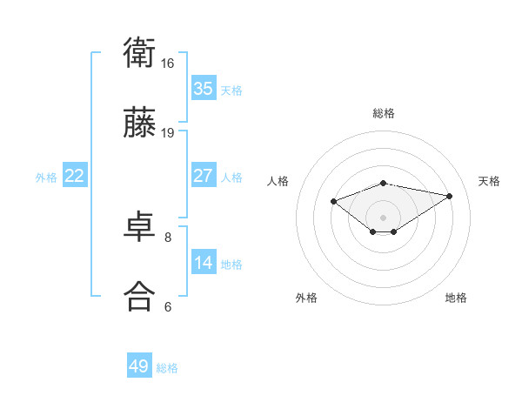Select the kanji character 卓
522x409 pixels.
pyautogui.click(x=139, y=227)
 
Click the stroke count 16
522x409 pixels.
pyautogui.click(x=168, y=64)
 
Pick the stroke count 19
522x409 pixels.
pyautogui.click(x=168, y=132)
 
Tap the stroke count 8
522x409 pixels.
pyautogui.click(x=168, y=237)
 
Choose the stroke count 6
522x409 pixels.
pyautogui.click(x=168, y=306)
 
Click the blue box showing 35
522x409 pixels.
pyautogui.click(x=204, y=89)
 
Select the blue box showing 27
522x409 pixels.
pyautogui.click(x=204, y=176)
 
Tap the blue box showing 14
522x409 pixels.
pyautogui.click(x=204, y=263)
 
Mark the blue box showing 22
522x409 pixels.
pyautogui.click(x=75, y=176)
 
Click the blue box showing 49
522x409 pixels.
pyautogui.click(x=139, y=366)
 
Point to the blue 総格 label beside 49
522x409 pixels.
pyautogui.click(x=168, y=368)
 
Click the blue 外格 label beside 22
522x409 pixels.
pyautogui.click(x=46, y=178)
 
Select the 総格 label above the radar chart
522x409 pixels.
pyautogui.click(x=384, y=113)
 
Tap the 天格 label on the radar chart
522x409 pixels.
pyautogui.click(x=489, y=181)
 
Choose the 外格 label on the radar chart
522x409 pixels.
pyautogui.click(x=306, y=298)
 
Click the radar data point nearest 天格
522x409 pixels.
pyautogui.click(x=450, y=196)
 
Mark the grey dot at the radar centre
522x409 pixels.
pyautogui.click(x=384, y=217)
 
